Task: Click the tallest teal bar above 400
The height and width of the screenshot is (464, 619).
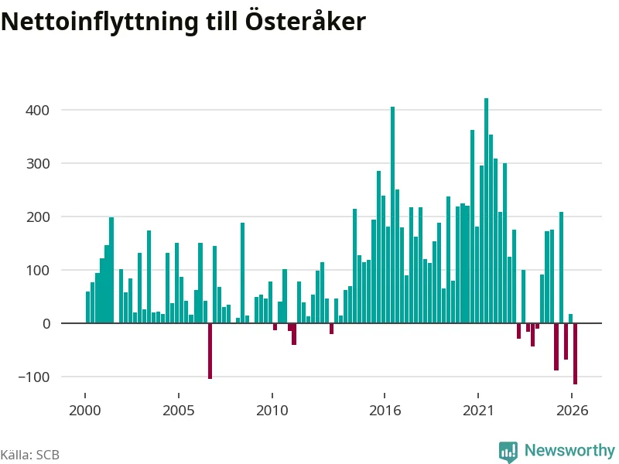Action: point(487,210)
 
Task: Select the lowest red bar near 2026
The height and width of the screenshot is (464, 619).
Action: point(575,353)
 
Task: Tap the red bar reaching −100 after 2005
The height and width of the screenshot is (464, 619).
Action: point(210,351)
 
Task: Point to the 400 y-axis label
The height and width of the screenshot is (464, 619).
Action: point(37,110)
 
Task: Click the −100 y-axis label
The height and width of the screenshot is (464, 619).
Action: point(34,377)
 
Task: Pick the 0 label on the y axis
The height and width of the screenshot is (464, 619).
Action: point(46,324)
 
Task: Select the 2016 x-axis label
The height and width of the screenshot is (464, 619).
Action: point(385,411)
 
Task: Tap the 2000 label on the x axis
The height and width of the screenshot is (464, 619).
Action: point(85,411)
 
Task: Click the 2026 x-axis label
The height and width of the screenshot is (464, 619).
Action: point(572,411)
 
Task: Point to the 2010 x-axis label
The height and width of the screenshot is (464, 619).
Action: point(272,411)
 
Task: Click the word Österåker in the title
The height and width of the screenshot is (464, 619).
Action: point(305,21)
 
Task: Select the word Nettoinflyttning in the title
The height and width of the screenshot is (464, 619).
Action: point(100,22)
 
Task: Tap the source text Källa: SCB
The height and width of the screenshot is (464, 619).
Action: point(29,455)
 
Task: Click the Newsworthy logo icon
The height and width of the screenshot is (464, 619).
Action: point(508,452)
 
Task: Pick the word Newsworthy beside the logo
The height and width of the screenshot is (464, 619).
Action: point(569,450)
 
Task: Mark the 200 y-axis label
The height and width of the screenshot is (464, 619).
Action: point(37,217)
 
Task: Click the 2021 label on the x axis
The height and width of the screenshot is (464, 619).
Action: point(478,411)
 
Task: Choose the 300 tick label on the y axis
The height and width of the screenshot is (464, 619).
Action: point(37,164)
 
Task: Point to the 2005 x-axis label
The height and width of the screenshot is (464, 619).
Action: point(179,411)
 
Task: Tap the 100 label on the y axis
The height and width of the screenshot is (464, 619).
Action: point(38,271)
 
